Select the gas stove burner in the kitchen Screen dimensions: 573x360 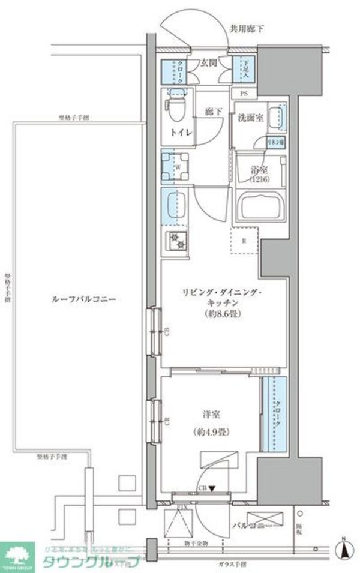pos(176,241)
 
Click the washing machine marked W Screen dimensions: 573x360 pos(175,165)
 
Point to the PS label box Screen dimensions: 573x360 pos(244,94)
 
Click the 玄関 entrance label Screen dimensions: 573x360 pos(208,62)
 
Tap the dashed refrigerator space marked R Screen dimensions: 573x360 pos(244,241)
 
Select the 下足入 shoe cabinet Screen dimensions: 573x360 pos(244,71)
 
